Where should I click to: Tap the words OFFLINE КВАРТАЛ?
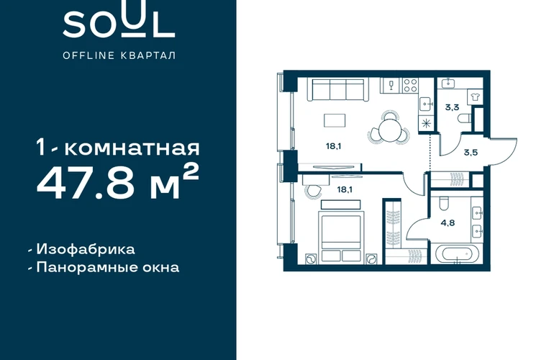pyautogui.click(x=119, y=55)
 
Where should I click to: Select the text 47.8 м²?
pyautogui.click(x=118, y=183)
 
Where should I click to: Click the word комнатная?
pyautogui.click(x=132, y=148)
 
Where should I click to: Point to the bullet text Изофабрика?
pyautogui.click(x=86, y=249)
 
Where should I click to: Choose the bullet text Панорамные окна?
pyautogui.click(x=108, y=267)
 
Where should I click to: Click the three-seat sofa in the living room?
pyautogui.click(x=337, y=90)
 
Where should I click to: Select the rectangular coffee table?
pyautogui.click(x=335, y=120)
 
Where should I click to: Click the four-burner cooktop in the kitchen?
pyautogui.click(x=410, y=86)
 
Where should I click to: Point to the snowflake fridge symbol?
pyautogui.click(x=426, y=123)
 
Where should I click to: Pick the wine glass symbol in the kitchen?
pyautogui.click(x=391, y=86)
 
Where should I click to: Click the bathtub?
pyautogui.click(x=457, y=254)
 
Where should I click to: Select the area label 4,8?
pyautogui.click(x=448, y=222)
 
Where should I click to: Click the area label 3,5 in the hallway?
pyautogui.click(x=471, y=153)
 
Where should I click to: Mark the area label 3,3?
pyautogui.click(x=452, y=107)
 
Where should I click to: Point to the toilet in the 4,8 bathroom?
pyautogui.click(x=442, y=204)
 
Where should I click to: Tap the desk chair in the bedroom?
pyautogui.click(x=313, y=192)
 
